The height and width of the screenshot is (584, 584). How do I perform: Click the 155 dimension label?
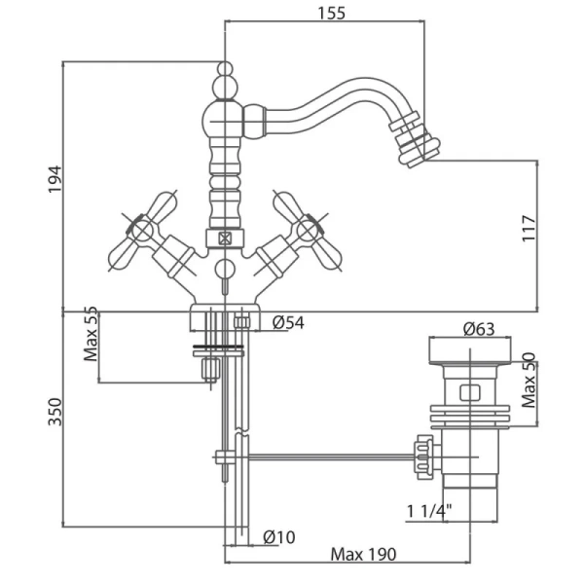331,13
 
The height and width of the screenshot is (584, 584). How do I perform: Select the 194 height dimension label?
55,179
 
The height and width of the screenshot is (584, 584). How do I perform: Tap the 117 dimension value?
529,228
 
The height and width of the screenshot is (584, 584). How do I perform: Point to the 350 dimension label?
55,412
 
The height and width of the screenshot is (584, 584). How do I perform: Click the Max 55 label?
91,334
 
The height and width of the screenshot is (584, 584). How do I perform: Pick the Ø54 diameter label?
288,322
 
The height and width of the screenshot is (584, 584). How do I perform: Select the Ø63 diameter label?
479,329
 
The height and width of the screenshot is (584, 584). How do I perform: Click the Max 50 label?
529,380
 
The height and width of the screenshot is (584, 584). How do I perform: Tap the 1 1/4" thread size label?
429,511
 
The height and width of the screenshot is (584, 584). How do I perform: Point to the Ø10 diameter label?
279,537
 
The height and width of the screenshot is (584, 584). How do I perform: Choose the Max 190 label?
363,554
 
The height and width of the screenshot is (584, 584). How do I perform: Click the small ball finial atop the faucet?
225,68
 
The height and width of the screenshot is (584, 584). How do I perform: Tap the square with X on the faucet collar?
225,238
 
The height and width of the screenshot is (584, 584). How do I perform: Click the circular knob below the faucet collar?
225,269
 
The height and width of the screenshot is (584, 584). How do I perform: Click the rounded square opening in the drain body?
470,393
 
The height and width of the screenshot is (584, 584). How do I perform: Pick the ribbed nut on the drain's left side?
424,456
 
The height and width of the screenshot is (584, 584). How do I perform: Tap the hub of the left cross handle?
142,231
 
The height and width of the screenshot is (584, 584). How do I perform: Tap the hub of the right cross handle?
307,231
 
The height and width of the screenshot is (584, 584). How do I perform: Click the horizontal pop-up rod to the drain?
332,456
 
